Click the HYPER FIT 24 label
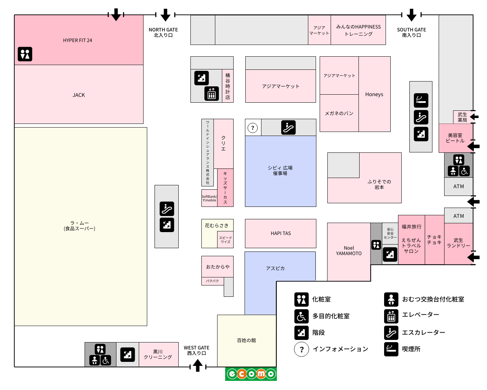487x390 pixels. pyautogui.click(x=77, y=41)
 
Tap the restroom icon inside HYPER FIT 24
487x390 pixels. pyautogui.click(x=25, y=54)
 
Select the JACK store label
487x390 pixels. pyautogui.click(x=78, y=95)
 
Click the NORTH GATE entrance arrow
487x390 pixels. pyautogui.click(x=166, y=15)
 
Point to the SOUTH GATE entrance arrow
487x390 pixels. pyautogui.click(x=412, y=15)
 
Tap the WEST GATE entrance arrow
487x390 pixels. pyautogui.click(x=198, y=365)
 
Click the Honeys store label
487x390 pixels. pyautogui.click(x=374, y=94)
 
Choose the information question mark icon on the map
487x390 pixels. pyautogui.click(x=253, y=128)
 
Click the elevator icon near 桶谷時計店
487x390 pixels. pyautogui.click(x=212, y=94)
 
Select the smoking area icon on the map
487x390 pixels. pyautogui.click(x=421, y=100)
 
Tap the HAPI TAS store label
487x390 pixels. pyautogui.click(x=281, y=233)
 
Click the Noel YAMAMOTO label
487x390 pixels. pyautogui.click(x=349, y=251)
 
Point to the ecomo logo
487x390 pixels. pyautogui.click(x=251, y=374)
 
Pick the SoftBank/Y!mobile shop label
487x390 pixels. pyautogui.click(x=209, y=198)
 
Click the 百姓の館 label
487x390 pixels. pyautogui.click(x=246, y=340)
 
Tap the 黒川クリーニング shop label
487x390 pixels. pyautogui.click(x=158, y=355)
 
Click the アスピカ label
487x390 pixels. pyautogui.click(x=275, y=268)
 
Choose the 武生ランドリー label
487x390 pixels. pyautogui.click(x=458, y=243)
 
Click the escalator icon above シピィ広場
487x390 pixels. pyautogui.click(x=289, y=128)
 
